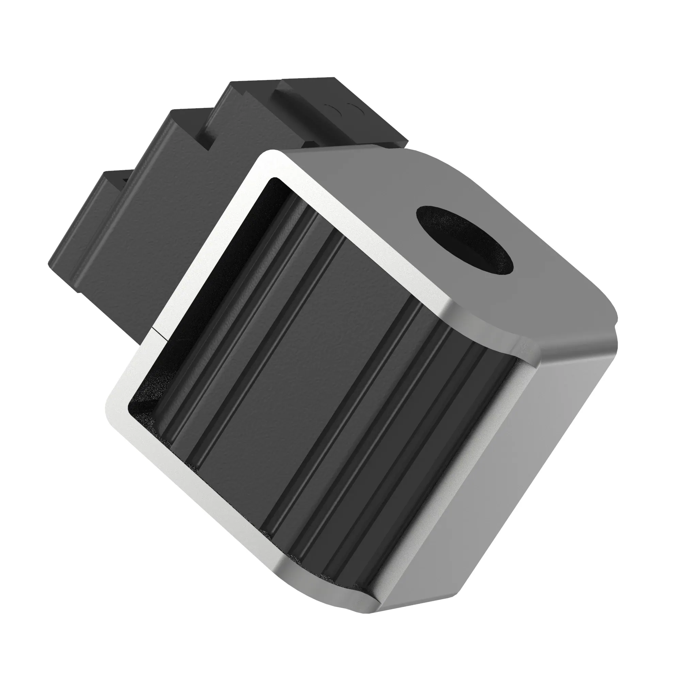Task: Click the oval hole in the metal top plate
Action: [464, 239]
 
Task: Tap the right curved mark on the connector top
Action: [353, 106]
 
